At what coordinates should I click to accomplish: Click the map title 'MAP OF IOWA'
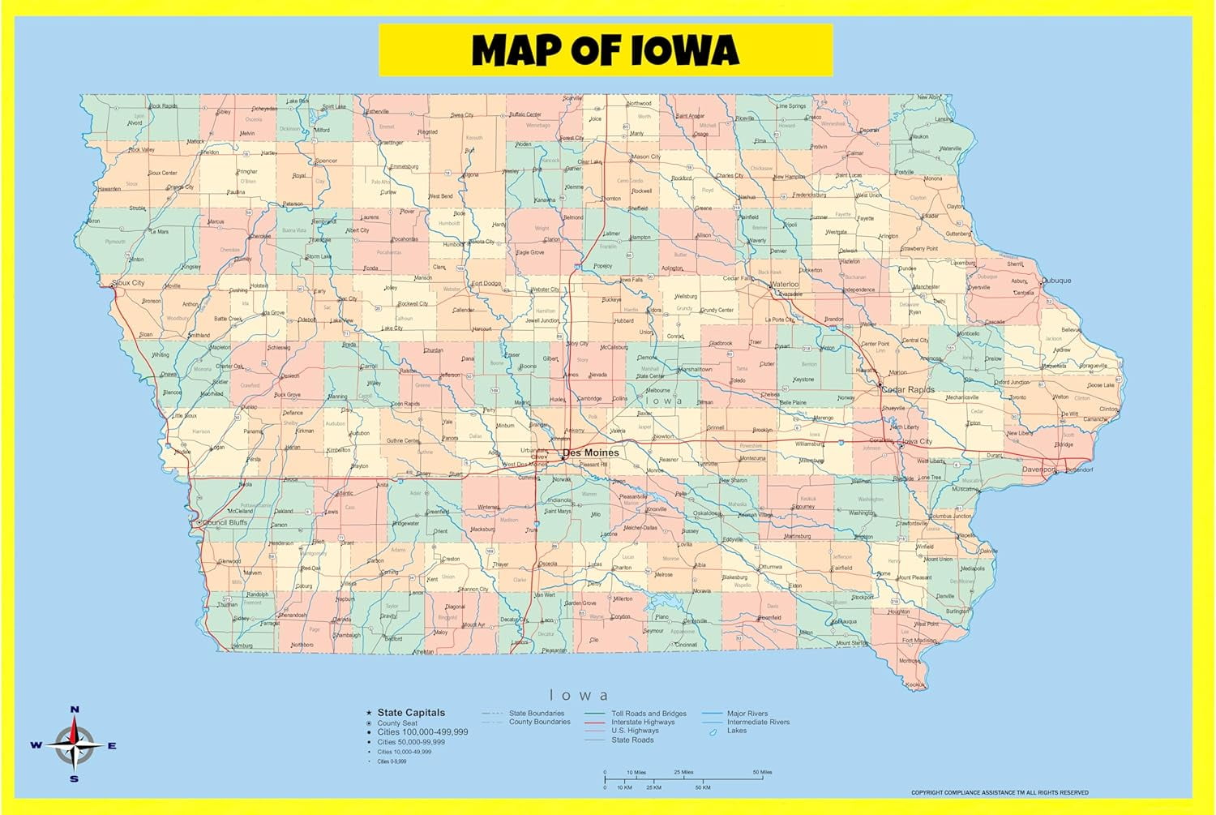pyautogui.click(x=606, y=50)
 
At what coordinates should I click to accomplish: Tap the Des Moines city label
pyautogui.click(x=590, y=453)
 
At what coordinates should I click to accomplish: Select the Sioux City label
pyautogui.click(x=129, y=283)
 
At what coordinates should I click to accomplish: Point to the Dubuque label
pyautogui.click(x=1056, y=281)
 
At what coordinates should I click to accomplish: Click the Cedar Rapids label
pyautogui.click(x=908, y=390)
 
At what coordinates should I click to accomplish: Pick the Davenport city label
pyautogui.click(x=1038, y=470)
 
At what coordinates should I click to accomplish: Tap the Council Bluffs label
pyautogui.click(x=225, y=523)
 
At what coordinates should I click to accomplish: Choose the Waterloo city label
pyautogui.click(x=785, y=285)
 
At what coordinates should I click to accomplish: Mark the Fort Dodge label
pyautogui.click(x=486, y=284)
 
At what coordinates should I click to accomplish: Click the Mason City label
pyautogui.click(x=646, y=157)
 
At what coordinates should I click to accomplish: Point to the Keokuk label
pyautogui.click(x=915, y=685)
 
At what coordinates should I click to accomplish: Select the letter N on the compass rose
pyautogui.click(x=75, y=710)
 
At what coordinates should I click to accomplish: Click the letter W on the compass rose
pyautogui.click(x=36, y=745)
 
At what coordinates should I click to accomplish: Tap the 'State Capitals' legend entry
pyautogui.click(x=411, y=713)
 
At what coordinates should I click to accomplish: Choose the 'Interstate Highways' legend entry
pyautogui.click(x=643, y=723)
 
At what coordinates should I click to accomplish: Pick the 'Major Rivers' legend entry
pyautogui.click(x=747, y=714)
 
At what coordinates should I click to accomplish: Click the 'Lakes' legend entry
pyautogui.click(x=737, y=731)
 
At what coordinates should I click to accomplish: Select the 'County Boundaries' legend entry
pyautogui.click(x=539, y=722)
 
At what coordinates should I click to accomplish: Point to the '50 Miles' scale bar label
pyautogui.click(x=762, y=772)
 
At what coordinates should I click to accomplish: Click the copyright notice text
pyautogui.click(x=1000, y=792)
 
